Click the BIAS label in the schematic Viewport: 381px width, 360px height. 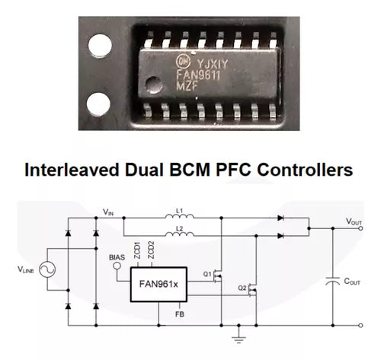(116, 257)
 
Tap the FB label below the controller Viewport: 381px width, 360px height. (178, 313)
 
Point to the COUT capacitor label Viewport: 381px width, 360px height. (353, 281)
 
